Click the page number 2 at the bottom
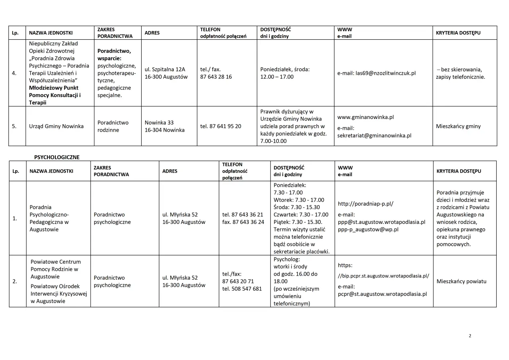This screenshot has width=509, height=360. [x=470, y=336]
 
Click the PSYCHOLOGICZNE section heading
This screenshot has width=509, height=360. [x=57, y=157]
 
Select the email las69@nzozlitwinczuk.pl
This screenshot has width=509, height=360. [x=377, y=73]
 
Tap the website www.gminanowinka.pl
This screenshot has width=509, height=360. [x=365, y=117]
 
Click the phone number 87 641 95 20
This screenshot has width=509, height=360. [x=221, y=126]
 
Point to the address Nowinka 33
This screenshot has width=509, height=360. [x=159, y=123]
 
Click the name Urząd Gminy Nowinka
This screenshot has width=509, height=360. [x=56, y=126]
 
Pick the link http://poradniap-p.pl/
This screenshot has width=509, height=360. [x=365, y=204]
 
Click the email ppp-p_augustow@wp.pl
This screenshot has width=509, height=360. [x=368, y=229]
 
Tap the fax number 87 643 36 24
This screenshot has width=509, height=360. [x=243, y=222]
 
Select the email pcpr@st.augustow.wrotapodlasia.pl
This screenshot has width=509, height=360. [x=383, y=294]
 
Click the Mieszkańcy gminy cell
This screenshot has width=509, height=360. [x=458, y=126]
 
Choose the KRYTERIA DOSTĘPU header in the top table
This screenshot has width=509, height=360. [x=458, y=33]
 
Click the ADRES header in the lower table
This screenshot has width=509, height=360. [x=170, y=171]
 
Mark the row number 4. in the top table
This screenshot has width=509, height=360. [x=14, y=73]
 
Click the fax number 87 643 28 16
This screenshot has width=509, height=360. [x=216, y=76]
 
